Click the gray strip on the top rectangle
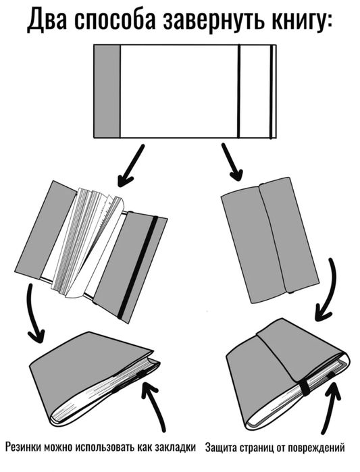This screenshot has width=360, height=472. (106, 91)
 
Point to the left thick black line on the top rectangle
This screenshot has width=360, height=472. (238, 91)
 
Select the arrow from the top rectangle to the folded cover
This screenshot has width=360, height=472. (229, 164)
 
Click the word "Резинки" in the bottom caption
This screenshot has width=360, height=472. (24, 447)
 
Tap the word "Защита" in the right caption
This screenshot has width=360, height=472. (222, 447)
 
